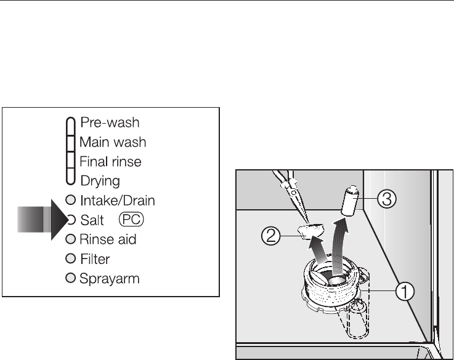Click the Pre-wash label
click(x=110, y=123)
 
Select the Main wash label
click(x=113, y=142)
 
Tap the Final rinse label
click(x=110, y=162)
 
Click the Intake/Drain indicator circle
click(x=70, y=200)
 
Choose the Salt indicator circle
click(x=70, y=219)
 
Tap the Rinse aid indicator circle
click(x=70, y=239)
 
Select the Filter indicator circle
click(x=70, y=258)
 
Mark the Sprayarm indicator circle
click(x=70, y=278)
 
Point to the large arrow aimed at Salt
click(x=40, y=220)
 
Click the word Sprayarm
click(x=110, y=279)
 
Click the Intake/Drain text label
click(x=117, y=200)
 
